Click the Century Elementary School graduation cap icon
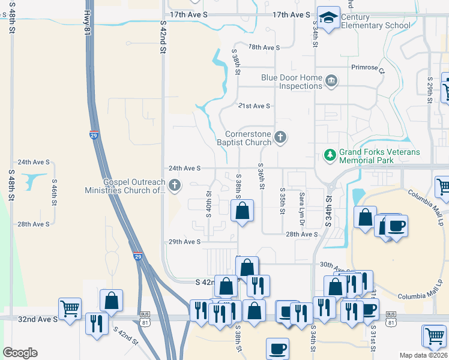[328, 18]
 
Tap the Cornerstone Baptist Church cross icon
[280, 138]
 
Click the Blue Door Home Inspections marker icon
[331, 81]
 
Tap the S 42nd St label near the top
[163, 37]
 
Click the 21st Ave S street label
[254, 106]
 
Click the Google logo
[20, 353]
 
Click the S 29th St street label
[430, 89]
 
